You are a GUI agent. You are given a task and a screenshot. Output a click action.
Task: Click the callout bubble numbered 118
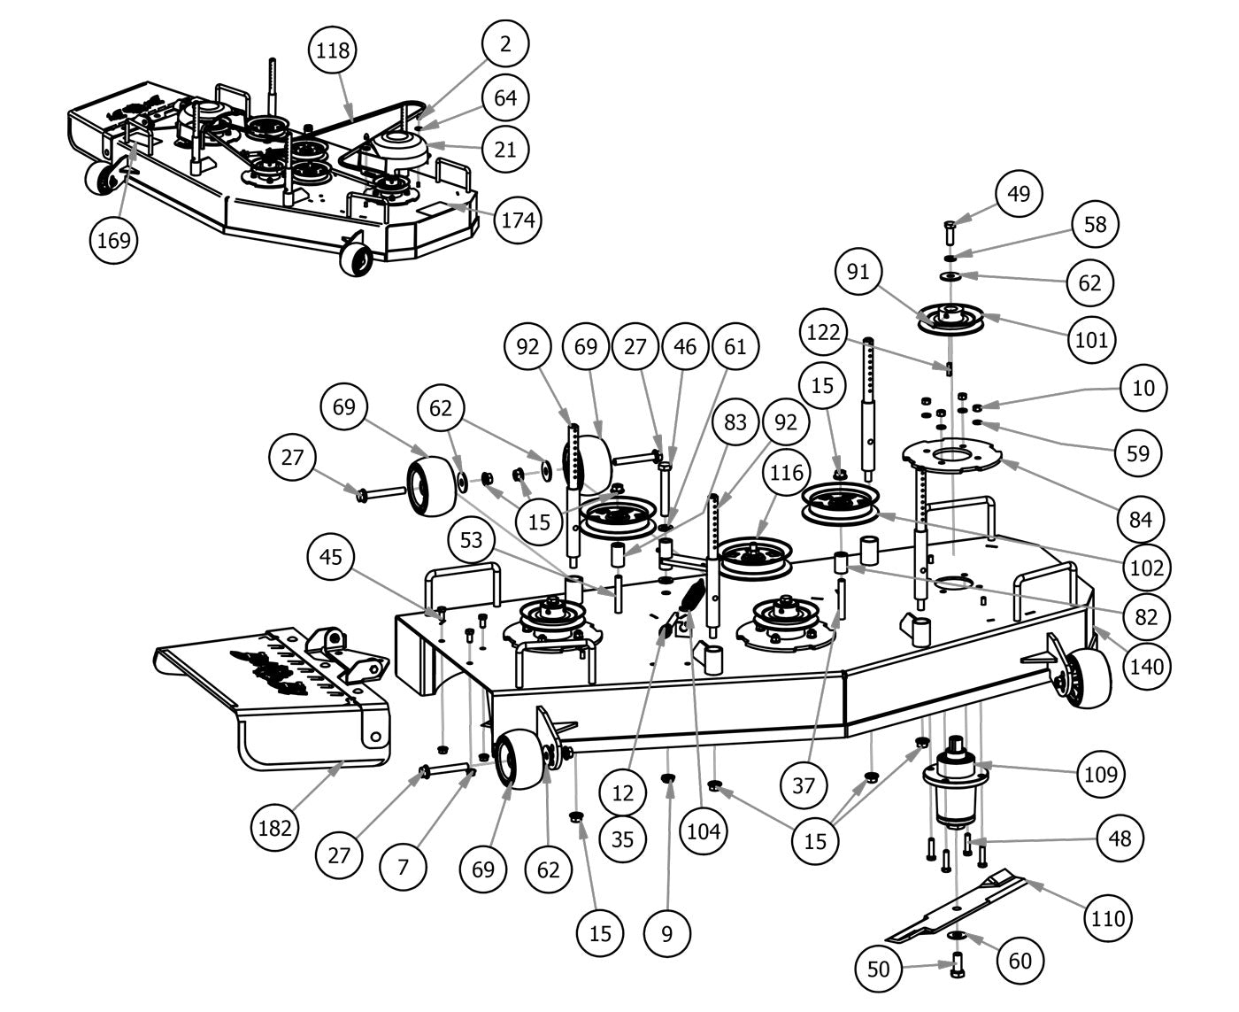(332, 50)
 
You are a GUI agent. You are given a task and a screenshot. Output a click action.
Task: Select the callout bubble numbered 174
(518, 219)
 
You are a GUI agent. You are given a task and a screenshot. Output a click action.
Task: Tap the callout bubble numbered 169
(115, 239)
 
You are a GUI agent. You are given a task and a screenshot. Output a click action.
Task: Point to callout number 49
(1019, 193)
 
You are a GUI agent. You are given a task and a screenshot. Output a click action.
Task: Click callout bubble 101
(1091, 339)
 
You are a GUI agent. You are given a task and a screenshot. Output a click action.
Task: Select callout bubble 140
(1145, 664)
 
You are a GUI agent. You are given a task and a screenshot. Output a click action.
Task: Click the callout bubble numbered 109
(1101, 774)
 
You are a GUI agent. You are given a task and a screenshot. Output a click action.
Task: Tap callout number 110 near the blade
(1108, 917)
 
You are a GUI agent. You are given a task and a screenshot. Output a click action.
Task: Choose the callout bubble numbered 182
(275, 828)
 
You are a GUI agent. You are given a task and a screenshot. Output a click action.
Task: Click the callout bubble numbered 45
(330, 557)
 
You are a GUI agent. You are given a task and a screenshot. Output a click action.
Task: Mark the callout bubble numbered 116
(787, 474)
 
